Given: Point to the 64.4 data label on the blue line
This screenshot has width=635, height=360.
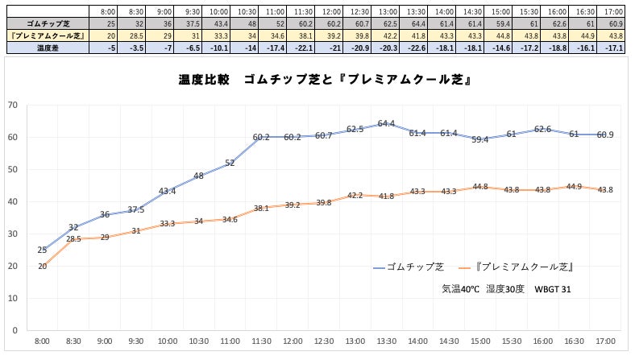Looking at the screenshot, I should (x=386, y=123).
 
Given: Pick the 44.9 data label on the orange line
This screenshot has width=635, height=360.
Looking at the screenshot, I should (x=574, y=186).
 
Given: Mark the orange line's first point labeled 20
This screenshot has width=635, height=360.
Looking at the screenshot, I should (x=42, y=266).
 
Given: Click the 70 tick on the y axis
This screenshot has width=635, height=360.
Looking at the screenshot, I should (x=12, y=105).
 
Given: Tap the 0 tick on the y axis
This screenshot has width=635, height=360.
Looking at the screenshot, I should (x=15, y=330).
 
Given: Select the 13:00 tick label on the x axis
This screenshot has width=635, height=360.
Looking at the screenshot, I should (x=386, y=343).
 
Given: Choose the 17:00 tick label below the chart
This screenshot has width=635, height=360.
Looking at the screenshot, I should (x=605, y=343).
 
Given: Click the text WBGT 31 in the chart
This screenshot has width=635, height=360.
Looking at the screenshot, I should (x=554, y=288).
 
